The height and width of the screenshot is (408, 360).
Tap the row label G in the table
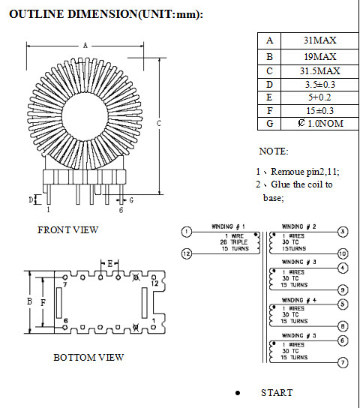(269, 123)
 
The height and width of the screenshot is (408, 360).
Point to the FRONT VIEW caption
(67, 230)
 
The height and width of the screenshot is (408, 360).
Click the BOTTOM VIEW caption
(88, 358)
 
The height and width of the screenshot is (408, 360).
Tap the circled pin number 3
(343, 232)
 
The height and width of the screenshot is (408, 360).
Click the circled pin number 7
(343, 362)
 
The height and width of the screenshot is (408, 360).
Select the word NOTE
(274, 151)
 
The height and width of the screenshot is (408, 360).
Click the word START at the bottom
(277, 393)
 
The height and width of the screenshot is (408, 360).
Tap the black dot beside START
(238, 393)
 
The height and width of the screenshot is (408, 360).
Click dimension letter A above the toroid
(85, 46)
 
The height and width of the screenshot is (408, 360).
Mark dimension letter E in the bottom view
(109, 263)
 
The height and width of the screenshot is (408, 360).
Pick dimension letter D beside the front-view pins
(31, 199)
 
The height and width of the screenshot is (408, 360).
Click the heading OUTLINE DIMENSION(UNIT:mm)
(106, 14)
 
